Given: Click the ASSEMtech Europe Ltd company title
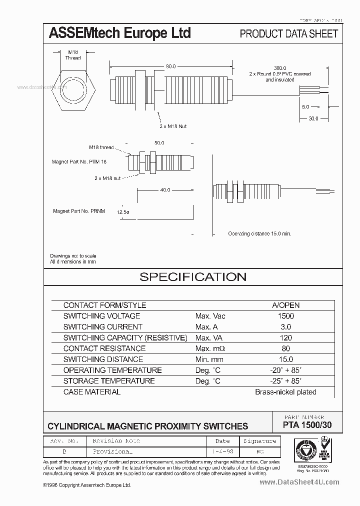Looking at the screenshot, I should [x=119, y=33].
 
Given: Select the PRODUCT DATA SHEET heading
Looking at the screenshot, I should [x=288, y=34].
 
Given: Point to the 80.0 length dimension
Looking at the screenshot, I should [x=170, y=66].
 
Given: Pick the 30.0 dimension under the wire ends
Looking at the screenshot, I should [x=313, y=118].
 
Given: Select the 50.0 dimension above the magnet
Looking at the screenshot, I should [x=159, y=142].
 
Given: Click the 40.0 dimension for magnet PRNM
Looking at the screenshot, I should [x=165, y=190].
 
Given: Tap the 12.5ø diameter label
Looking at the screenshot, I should [x=122, y=211].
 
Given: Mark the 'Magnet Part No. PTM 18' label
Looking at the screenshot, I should [x=79, y=162].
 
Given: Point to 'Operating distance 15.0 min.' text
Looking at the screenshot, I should [x=259, y=233].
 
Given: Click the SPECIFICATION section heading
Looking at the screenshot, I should [x=192, y=277].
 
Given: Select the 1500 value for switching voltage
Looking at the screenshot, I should [x=285, y=316].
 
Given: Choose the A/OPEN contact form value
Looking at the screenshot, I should [x=285, y=305].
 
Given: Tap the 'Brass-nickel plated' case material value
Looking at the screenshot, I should [x=285, y=392].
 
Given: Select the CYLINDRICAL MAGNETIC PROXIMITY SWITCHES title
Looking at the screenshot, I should [x=147, y=426].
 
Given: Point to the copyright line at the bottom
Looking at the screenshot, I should [x=87, y=485].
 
